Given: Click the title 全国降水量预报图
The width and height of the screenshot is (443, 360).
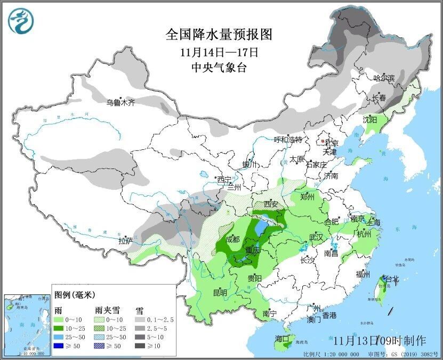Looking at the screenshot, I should point(219,35).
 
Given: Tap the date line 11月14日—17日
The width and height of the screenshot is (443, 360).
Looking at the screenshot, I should point(219,52).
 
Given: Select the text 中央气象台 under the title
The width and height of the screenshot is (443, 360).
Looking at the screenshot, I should point(219,67).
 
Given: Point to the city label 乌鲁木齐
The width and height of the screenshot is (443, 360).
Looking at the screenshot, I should point(120,102).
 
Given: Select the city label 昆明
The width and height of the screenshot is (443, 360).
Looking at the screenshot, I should point(220,293).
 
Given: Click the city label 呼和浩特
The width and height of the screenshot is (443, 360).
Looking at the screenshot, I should point(288,140).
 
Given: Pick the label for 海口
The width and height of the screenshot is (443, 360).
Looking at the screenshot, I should point(281,339).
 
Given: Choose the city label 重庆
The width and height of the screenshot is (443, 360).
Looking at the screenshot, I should point(252,250).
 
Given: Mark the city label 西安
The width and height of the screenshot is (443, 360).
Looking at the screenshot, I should point(271,204).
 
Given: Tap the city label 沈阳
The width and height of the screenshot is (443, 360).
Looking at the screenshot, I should point(370,119).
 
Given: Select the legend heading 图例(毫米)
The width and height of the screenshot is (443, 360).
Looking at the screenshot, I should point(74,295).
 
